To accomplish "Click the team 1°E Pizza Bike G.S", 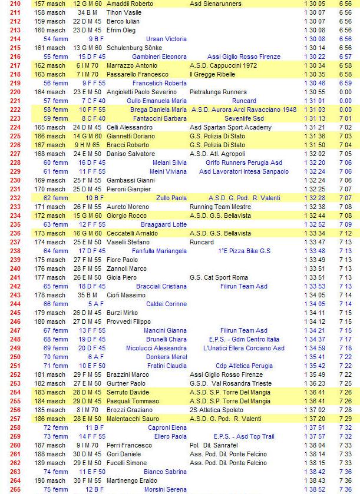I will coord(244,251).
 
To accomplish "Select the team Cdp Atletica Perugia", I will coord(244,366).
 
